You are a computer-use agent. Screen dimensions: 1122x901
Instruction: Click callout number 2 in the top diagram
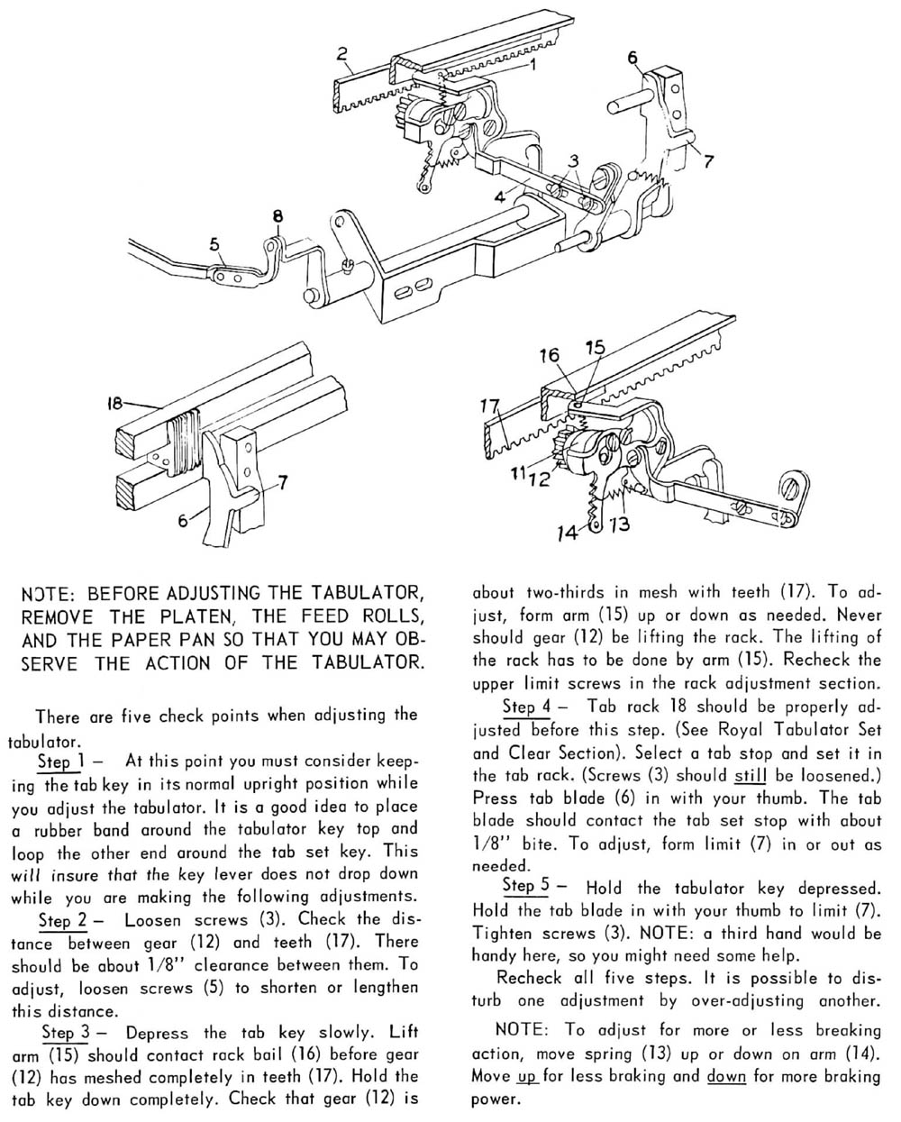coord(341,53)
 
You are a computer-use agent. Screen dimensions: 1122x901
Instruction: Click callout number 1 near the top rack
coord(532,64)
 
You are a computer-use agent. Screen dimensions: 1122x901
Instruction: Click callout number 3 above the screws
coord(573,160)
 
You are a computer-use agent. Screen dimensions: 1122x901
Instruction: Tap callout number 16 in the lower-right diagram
coord(550,356)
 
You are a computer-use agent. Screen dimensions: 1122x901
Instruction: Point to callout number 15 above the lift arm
coord(595,347)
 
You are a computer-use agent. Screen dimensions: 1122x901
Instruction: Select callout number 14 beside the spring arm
coord(568,534)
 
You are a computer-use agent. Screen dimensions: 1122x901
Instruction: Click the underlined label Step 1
coord(59,760)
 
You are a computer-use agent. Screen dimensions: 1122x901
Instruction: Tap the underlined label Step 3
coord(66,1032)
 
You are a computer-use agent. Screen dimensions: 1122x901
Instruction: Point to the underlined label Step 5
coord(526,887)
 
